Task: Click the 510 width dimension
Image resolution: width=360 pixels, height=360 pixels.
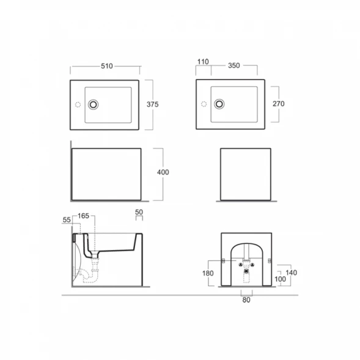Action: (107, 66)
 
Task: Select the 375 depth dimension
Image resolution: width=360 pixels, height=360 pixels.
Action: (152, 105)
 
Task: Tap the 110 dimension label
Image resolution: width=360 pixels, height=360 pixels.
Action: (203, 62)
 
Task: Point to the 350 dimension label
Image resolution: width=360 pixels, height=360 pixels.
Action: (234, 65)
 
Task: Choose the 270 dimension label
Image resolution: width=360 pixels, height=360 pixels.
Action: (279, 104)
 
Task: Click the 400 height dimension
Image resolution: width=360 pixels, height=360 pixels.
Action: (163, 172)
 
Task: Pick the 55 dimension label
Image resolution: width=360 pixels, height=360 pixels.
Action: (67, 219)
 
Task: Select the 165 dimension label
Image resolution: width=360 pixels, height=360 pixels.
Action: (83, 216)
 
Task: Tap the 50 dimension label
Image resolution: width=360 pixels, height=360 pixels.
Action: (139, 212)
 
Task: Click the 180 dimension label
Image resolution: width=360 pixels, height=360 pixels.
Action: (208, 273)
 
